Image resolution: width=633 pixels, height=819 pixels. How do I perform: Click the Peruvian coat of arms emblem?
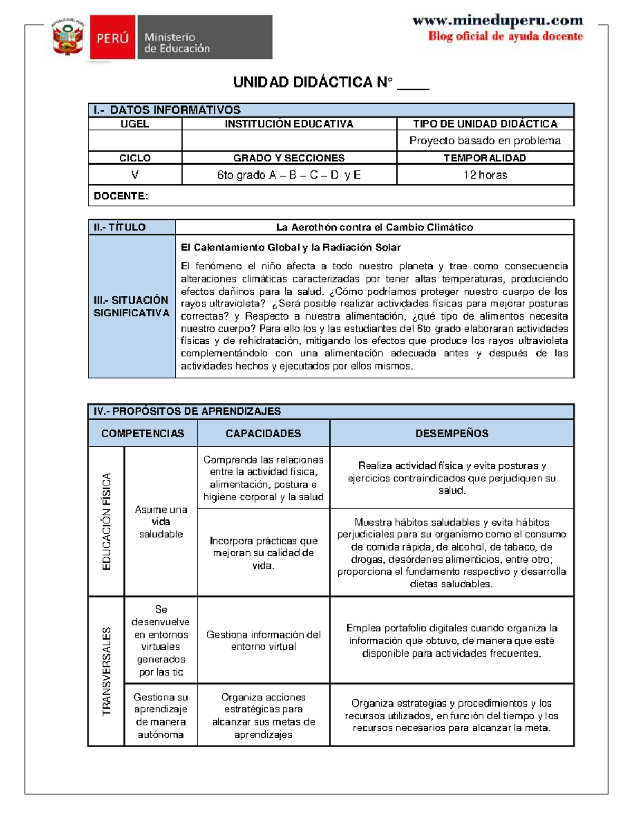(68, 37)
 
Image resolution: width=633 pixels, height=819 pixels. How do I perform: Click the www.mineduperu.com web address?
(497, 21)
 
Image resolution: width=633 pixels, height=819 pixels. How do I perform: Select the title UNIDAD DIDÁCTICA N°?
(313, 82)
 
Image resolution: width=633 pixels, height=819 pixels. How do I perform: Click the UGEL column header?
(135, 124)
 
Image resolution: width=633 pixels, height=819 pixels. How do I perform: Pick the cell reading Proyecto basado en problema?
(485, 141)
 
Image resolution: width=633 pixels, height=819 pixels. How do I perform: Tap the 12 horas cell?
(485, 175)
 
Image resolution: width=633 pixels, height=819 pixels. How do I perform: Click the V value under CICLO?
(135, 175)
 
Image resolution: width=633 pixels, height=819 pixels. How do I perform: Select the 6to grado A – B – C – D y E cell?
(289, 175)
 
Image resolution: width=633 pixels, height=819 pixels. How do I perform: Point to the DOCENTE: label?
(121, 196)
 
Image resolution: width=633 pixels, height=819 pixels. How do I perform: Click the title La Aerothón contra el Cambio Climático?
(375, 227)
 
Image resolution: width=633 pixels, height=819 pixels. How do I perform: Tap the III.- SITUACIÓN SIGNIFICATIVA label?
(131, 306)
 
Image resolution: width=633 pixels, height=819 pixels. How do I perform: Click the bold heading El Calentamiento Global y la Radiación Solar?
(291, 247)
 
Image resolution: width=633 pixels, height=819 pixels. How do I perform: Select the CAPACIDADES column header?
(263, 433)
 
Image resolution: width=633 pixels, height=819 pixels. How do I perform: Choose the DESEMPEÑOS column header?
(452, 433)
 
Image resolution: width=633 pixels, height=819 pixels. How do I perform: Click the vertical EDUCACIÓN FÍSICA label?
(107, 521)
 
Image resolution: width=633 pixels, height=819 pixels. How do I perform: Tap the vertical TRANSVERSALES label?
(107, 671)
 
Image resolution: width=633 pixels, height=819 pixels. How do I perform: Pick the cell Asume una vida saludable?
(161, 522)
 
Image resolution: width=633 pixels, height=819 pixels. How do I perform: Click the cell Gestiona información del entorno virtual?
(263, 640)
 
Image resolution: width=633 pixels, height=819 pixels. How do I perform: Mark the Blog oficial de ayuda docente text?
(505, 36)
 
